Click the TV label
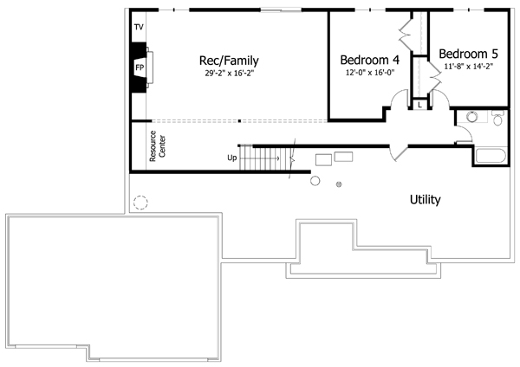click(x=139, y=27)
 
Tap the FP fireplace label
click(x=140, y=68)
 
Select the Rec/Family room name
click(x=229, y=61)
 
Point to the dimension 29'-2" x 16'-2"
click(x=229, y=74)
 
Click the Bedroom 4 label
click(x=370, y=60)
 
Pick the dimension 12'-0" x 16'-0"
click(x=370, y=73)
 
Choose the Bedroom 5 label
click(x=468, y=54)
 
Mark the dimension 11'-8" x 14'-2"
click(x=468, y=67)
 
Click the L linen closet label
click(x=419, y=106)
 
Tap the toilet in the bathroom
click(x=497, y=118)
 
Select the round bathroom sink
click(x=471, y=117)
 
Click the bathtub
click(x=491, y=156)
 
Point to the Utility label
click(x=426, y=200)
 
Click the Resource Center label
click(x=157, y=146)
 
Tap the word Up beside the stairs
click(x=231, y=158)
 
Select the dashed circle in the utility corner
click(x=140, y=203)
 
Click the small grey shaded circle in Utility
click(x=339, y=184)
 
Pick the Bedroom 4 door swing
click(x=400, y=99)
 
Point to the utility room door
click(x=399, y=152)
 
